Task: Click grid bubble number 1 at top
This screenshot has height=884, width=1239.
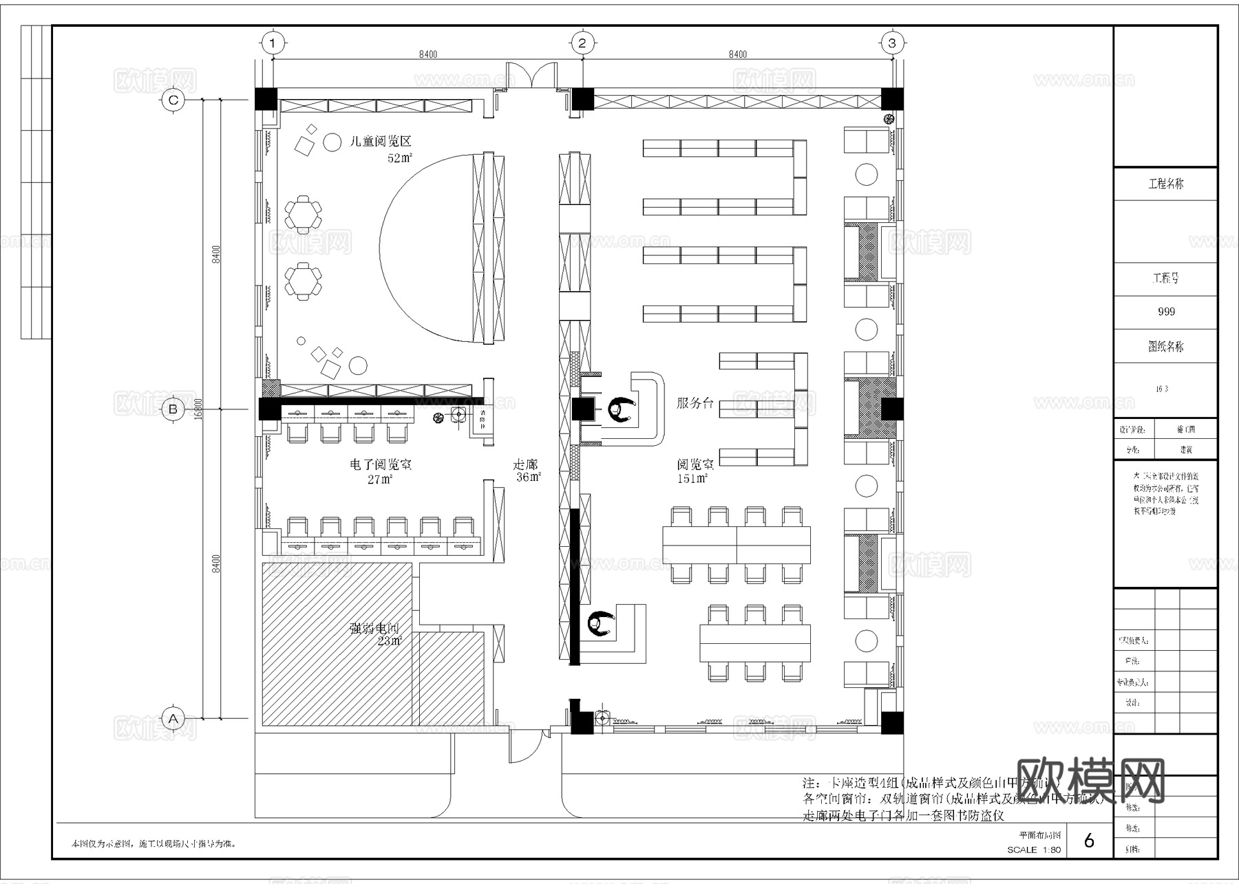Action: pyautogui.click(x=273, y=43)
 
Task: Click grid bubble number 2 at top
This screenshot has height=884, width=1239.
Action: pyautogui.click(x=582, y=43)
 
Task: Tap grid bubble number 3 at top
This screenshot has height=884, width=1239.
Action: pyautogui.click(x=892, y=43)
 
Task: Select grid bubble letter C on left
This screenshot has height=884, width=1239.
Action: pyautogui.click(x=173, y=100)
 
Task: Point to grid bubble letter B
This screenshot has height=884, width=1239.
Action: pyautogui.click(x=173, y=409)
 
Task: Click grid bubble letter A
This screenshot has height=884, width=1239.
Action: pyautogui.click(x=173, y=719)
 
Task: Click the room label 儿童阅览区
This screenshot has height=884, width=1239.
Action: pyautogui.click(x=381, y=142)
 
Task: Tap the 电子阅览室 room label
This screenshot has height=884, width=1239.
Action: pyautogui.click(x=381, y=465)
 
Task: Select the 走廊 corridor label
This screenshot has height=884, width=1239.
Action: pyautogui.click(x=526, y=465)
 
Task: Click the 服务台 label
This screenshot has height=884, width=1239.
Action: pyautogui.click(x=695, y=404)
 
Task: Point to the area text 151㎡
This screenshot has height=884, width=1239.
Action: pyautogui.click(x=692, y=479)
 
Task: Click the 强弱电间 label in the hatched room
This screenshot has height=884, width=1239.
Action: pyautogui.click(x=374, y=628)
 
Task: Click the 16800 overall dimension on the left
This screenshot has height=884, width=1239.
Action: pyautogui.click(x=198, y=409)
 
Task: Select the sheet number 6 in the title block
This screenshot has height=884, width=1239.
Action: pyautogui.click(x=1089, y=841)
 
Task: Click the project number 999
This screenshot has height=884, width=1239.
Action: pyautogui.click(x=1166, y=312)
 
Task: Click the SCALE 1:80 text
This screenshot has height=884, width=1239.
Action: pyautogui.click(x=1034, y=850)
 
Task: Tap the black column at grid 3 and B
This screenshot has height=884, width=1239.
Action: pyautogui.click(x=892, y=409)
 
